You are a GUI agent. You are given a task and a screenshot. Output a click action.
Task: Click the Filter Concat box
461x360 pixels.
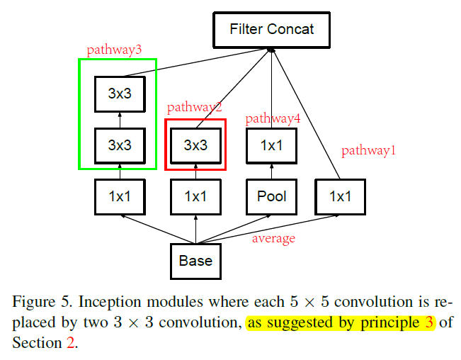pos(271,30)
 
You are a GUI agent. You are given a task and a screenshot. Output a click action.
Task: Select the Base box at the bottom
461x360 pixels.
pos(195,261)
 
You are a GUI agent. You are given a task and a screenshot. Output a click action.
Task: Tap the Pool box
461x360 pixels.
pos(271,196)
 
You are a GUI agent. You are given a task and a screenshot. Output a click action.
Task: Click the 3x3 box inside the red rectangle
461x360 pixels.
pos(195,146)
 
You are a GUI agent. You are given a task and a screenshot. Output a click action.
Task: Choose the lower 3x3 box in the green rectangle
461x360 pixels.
pos(120,146)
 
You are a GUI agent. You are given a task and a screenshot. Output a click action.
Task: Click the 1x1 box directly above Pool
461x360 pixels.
pos(271,146)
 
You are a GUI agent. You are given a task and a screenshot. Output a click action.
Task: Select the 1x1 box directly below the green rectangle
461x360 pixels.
pos(120,196)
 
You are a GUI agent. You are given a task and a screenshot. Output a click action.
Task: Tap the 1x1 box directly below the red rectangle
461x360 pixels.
pos(195,196)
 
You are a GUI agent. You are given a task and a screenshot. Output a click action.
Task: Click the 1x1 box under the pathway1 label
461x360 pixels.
pos(341,196)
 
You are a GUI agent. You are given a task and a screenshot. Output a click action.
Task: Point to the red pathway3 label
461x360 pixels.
pos(113,50)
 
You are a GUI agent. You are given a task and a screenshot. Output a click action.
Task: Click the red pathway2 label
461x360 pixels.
pos(194,108)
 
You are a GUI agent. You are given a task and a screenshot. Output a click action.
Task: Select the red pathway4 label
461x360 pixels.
pos(273,118)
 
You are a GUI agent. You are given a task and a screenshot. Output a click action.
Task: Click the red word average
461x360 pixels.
pos(273,239)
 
